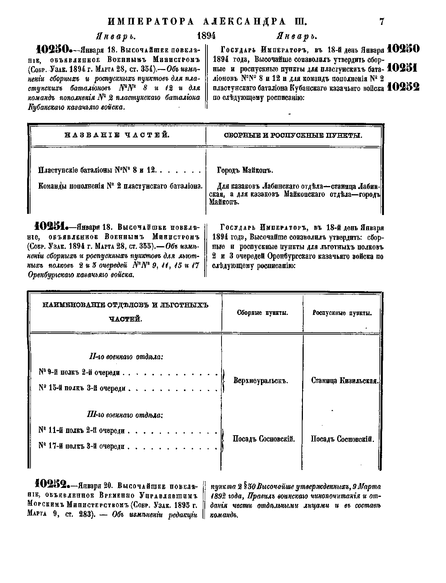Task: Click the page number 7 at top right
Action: click(381, 21)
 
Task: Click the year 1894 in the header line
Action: click(206, 36)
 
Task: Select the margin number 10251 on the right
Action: click(403, 68)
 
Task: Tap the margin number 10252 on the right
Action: click(403, 87)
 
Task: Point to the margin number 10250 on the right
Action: click(403, 49)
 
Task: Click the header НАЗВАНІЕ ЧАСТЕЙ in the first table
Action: click(117, 135)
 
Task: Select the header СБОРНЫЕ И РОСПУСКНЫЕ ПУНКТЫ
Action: click(293, 136)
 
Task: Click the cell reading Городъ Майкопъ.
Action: click(245, 170)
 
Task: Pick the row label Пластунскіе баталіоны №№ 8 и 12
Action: click(97, 170)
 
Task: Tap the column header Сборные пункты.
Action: click(262, 313)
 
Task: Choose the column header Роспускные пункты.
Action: click(342, 313)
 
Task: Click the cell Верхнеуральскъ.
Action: click(261, 381)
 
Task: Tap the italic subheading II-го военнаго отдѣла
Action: click(126, 357)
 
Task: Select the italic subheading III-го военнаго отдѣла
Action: click(126, 415)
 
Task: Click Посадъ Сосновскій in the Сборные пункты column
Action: click(264, 439)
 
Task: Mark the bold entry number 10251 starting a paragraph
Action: click(51, 226)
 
